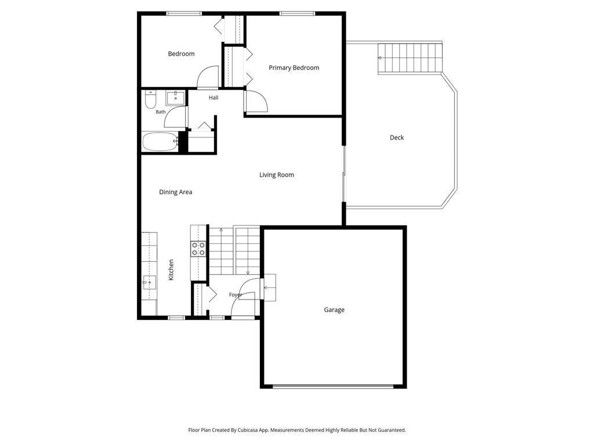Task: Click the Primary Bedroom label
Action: pyautogui.click(x=294, y=68)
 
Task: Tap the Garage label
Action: pyautogui.click(x=334, y=310)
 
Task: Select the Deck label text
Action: pyautogui.click(x=397, y=137)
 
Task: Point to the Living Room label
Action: pyautogui.click(x=277, y=175)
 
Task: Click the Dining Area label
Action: pyautogui.click(x=175, y=192)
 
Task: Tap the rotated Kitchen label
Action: pyautogui.click(x=171, y=270)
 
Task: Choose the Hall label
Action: pyautogui.click(x=213, y=97)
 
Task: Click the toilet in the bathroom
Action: pyautogui.click(x=150, y=99)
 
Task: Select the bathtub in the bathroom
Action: pyautogui.click(x=160, y=141)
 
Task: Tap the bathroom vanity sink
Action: pyautogui.click(x=175, y=98)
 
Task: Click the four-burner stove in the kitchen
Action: pyautogui.click(x=198, y=249)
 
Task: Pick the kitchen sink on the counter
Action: pyautogui.click(x=149, y=282)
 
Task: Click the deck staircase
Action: pyautogui.click(x=410, y=59)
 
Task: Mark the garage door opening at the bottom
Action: pyautogui.click(x=333, y=386)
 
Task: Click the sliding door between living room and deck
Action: pyautogui.click(x=344, y=174)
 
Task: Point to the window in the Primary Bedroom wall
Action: pyautogui.click(x=297, y=14)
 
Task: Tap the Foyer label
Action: pyautogui.click(x=236, y=295)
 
